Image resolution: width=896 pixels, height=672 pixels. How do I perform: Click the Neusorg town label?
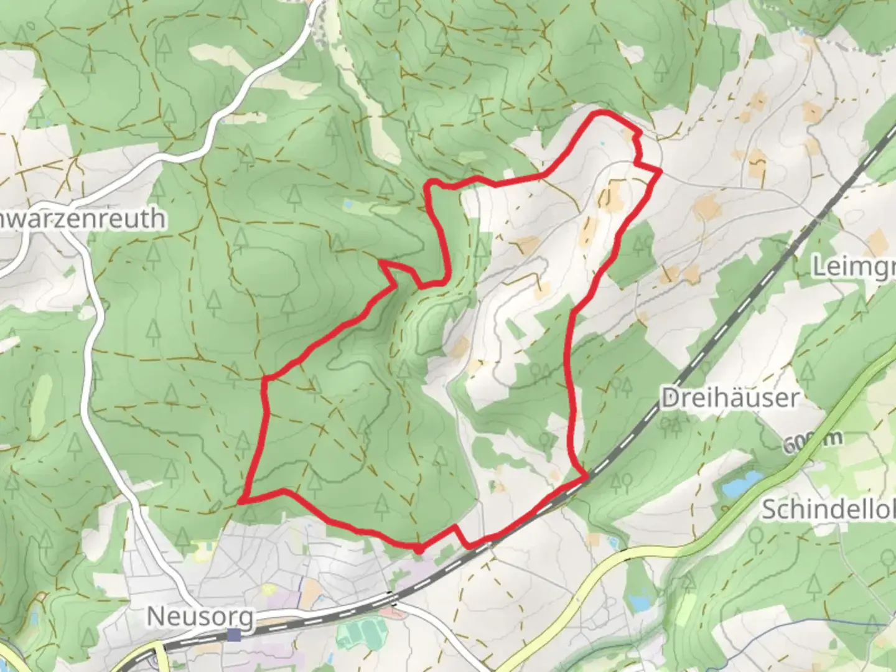[200, 617]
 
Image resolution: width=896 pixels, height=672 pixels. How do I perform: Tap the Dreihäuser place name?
[729, 398]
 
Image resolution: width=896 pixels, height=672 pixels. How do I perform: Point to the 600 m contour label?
[813, 442]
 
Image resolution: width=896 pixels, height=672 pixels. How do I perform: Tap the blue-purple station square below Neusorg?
[234, 635]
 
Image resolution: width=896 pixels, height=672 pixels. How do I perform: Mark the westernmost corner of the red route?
[241, 499]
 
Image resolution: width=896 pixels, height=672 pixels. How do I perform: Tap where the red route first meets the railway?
[585, 477]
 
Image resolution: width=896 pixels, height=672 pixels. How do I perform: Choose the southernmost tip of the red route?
[419, 550]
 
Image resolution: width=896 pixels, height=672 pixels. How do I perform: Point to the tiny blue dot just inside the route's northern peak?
[602, 144]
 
